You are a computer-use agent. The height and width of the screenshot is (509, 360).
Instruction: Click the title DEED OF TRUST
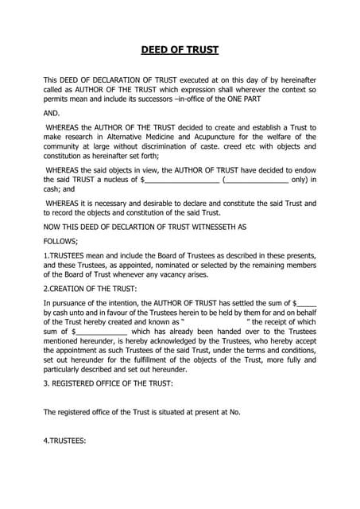click(x=180, y=50)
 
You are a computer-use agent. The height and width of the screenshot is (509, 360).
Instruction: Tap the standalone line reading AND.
click(x=52, y=113)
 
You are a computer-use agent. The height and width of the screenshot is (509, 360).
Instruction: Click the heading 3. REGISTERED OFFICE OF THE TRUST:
click(x=107, y=384)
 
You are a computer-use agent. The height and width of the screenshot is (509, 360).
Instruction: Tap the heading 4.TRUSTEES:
click(x=64, y=441)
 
